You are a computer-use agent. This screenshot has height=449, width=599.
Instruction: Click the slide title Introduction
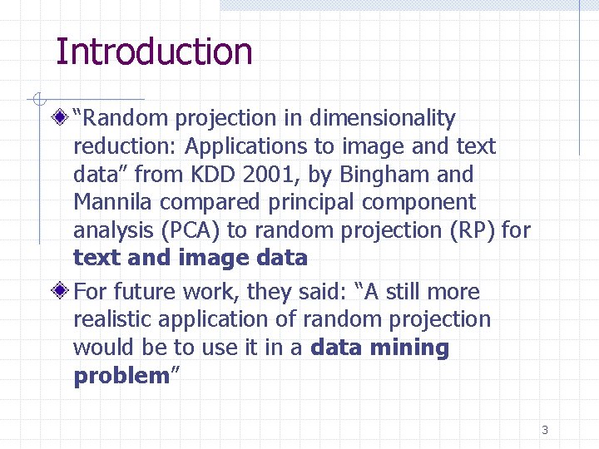tap(153, 52)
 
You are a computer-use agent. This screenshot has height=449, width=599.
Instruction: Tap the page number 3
tap(544, 430)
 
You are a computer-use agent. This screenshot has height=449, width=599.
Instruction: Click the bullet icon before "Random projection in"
tap(59, 119)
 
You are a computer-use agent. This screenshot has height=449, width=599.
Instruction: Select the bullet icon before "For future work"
tap(59, 293)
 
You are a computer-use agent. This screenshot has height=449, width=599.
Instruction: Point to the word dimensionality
tap(382, 119)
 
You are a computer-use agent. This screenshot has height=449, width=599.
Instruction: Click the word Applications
tap(245, 147)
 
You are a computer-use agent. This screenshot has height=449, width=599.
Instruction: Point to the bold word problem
tap(121, 377)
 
